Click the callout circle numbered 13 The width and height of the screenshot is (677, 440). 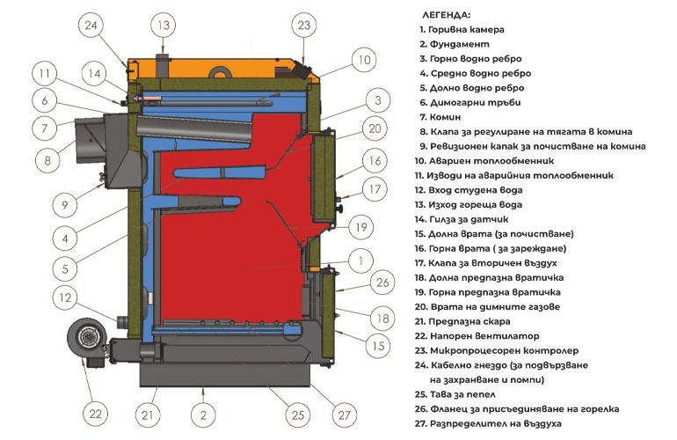[x=164, y=25]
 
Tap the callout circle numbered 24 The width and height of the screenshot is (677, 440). [x=91, y=25]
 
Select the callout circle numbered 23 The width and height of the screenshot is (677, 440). [x=304, y=25]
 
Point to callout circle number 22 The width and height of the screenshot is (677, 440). [x=95, y=414]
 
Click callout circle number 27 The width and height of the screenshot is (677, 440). [x=344, y=415]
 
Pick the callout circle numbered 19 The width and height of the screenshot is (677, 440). [x=361, y=227]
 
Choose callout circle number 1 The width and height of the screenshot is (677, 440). [x=360, y=260]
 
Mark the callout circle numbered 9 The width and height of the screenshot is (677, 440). [x=65, y=204]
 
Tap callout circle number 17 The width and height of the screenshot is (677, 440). [x=375, y=189]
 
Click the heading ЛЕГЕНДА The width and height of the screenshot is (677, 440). [x=446, y=15]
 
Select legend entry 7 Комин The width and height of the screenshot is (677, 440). [x=440, y=117]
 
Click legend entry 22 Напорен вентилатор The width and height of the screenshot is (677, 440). [x=477, y=336]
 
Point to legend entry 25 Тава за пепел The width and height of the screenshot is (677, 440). [x=455, y=394]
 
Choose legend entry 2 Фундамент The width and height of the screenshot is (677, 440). [x=455, y=44]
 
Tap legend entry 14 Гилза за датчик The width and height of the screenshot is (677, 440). [x=462, y=219]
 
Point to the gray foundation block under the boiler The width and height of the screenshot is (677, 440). [x=225, y=374]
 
